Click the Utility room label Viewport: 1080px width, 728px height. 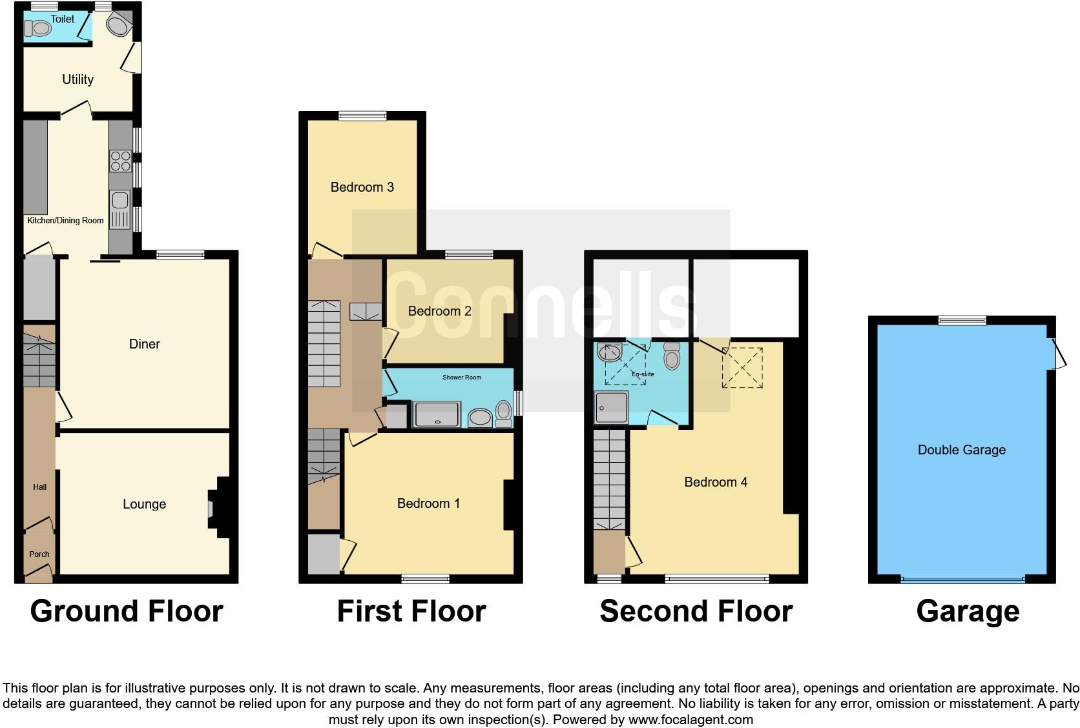[x=78, y=79]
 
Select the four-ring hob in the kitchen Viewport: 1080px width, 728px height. [x=120, y=160]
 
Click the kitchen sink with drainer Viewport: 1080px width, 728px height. [x=120, y=210]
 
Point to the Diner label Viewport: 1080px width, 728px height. [x=144, y=344]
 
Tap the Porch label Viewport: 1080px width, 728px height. [x=39, y=554]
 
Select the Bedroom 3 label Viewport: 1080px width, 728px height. [x=362, y=187]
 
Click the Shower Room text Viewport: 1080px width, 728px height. [x=461, y=377]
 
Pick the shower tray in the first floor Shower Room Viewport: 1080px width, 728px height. [x=438, y=414]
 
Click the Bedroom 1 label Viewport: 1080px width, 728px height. [x=428, y=503]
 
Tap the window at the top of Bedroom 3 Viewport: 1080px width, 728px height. [x=362, y=116]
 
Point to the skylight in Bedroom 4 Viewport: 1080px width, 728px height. [x=742, y=367]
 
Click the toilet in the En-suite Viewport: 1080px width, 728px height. [x=672, y=356]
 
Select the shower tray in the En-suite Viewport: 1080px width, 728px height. [x=611, y=407]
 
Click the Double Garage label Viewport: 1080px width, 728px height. [x=961, y=450]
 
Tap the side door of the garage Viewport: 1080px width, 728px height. [x=1057, y=354]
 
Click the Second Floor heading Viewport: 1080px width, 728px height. [x=696, y=611]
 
